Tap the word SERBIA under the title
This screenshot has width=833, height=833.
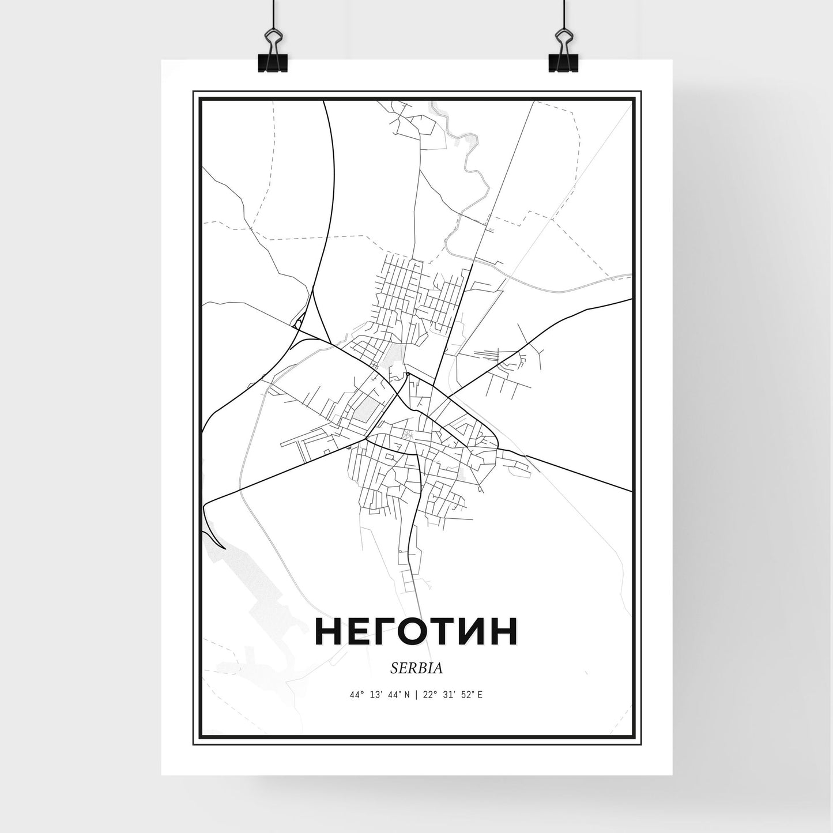(416, 668)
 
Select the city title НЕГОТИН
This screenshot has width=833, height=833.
(416, 633)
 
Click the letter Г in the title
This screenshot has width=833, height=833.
(378, 633)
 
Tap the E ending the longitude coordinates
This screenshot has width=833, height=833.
(480, 695)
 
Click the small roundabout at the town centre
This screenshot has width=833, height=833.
(408, 374)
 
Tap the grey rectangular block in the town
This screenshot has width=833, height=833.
(364, 410)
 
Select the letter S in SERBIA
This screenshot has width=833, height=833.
(393, 668)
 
